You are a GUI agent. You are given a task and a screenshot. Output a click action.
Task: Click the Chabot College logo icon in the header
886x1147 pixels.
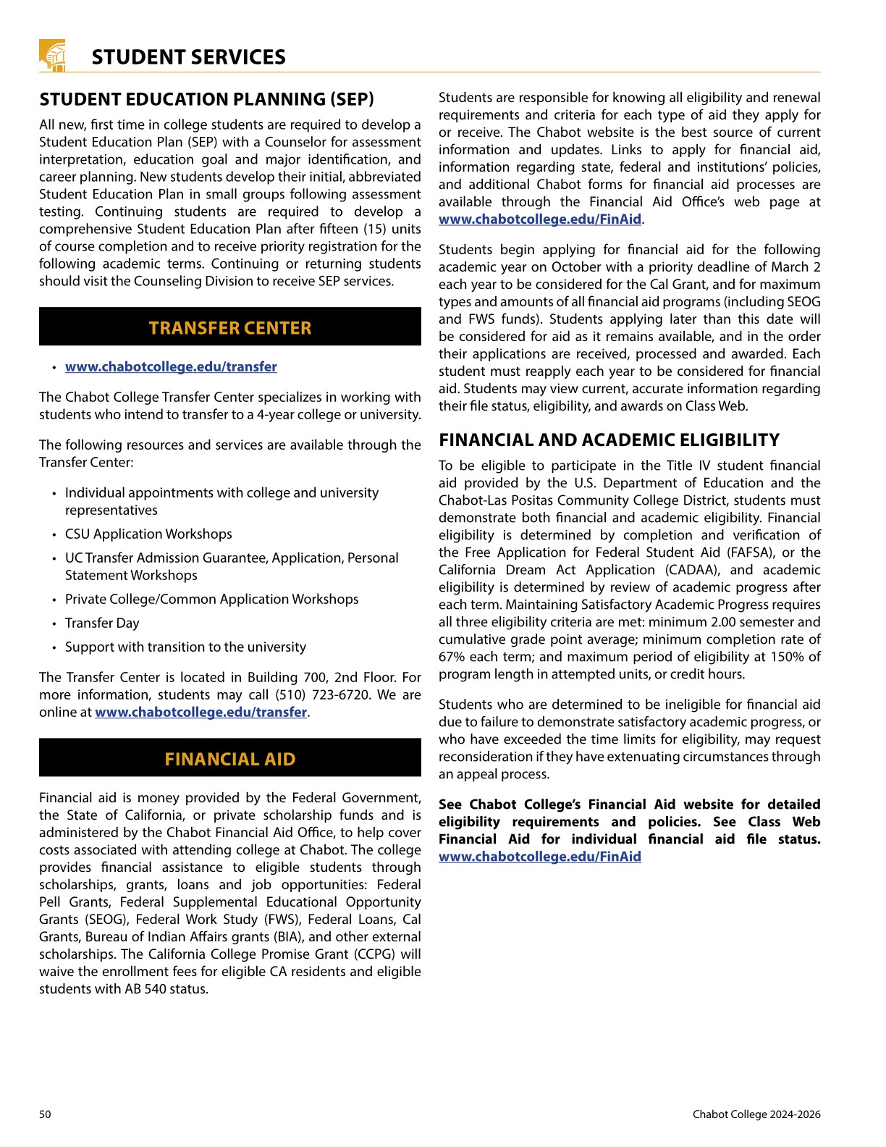coord(53,56)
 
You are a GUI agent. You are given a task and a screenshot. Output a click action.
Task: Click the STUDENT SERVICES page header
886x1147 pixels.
coord(188,57)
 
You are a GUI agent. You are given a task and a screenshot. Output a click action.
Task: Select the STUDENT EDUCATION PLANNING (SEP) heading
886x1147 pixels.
coord(206,99)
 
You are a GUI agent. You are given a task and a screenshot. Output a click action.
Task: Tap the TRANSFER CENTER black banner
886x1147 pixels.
coord(230,327)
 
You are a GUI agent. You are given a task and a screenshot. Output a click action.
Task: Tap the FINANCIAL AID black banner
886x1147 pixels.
coord(230,758)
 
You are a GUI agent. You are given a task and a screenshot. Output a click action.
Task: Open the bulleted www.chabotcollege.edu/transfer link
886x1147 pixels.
coord(171,366)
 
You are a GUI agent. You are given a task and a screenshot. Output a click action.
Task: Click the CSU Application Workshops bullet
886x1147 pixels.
coord(148,534)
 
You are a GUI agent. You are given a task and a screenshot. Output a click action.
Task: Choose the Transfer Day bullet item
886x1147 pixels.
coord(102,623)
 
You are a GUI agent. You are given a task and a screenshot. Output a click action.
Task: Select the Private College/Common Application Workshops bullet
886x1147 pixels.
coord(211,599)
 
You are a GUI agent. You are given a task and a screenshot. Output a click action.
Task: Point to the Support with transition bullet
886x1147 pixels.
coord(185,647)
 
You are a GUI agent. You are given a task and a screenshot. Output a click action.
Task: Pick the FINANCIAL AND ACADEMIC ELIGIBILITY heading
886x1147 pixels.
coord(609,440)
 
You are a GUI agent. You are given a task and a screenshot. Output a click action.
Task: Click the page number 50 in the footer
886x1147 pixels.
coord(45,1114)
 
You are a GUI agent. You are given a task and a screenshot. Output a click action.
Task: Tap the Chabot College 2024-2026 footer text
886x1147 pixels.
coord(756,1114)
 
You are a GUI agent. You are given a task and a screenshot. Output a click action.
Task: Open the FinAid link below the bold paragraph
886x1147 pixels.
coord(539,857)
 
